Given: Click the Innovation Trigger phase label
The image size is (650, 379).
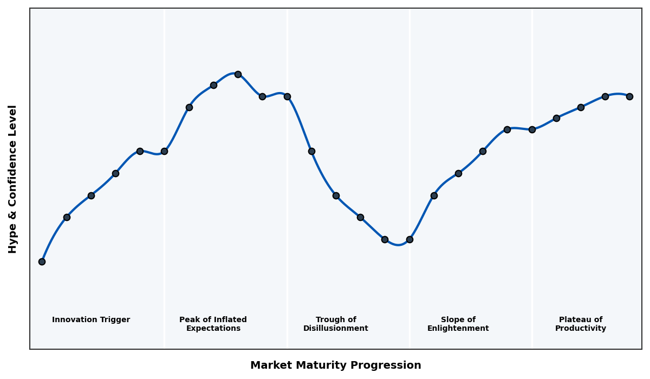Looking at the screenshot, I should [x=91, y=320].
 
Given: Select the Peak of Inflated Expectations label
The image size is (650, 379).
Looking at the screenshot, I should [x=213, y=324].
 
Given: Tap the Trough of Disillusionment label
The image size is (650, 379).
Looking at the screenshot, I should [x=336, y=324].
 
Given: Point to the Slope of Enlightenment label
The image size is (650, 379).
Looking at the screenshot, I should [x=458, y=324].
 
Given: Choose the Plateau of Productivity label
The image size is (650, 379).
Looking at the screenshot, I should [x=581, y=324].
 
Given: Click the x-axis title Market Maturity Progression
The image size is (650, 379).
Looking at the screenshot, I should [x=336, y=365].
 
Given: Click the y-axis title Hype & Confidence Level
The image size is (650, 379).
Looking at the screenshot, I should [x=13, y=179].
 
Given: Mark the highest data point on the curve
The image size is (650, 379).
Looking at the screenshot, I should [x=238, y=74].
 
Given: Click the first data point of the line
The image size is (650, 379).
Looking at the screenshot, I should [x=42, y=262].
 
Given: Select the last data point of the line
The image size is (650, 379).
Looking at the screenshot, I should [x=629, y=96].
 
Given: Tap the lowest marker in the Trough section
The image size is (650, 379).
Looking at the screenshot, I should [x=385, y=239].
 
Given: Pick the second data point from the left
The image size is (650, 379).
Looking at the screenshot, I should [x=67, y=217].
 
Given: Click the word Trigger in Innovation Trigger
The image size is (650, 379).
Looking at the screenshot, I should [x=115, y=320].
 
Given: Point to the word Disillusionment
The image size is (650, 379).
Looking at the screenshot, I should [x=336, y=329].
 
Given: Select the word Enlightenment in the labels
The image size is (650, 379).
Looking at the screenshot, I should [x=458, y=329].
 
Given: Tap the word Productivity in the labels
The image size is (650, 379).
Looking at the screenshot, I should [x=581, y=329].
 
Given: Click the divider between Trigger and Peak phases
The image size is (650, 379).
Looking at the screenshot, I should [x=165, y=244].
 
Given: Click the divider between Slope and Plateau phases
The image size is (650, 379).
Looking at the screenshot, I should [x=532, y=244].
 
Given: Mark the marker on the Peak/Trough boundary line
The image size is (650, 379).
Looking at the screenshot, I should [x=287, y=96].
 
